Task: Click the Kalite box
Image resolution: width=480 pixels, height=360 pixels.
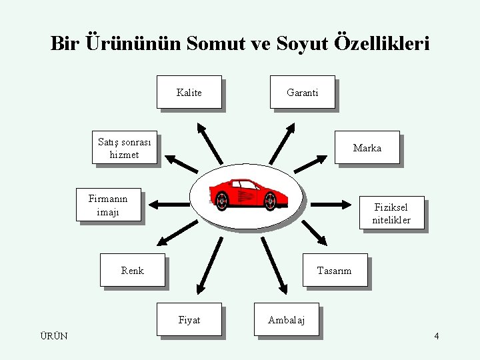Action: point(189,93)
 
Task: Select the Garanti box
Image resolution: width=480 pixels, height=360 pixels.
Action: point(302,93)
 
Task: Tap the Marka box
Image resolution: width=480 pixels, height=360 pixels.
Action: point(367,147)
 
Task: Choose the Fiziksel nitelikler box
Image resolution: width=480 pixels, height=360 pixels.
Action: point(391,213)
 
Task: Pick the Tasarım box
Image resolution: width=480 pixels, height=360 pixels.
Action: point(335,270)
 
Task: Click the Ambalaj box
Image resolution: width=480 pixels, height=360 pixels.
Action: point(286,320)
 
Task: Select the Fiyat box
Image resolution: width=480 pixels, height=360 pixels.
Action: point(189,320)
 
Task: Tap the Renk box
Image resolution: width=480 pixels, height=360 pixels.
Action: point(132,270)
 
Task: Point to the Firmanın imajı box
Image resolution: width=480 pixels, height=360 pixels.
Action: point(108,205)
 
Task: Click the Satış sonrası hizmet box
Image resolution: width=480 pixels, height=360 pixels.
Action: point(125,147)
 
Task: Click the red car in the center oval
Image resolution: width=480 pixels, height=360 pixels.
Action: point(247,194)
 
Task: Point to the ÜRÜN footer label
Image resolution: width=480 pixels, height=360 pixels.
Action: point(53,336)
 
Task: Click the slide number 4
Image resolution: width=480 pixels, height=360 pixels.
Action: point(437,336)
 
